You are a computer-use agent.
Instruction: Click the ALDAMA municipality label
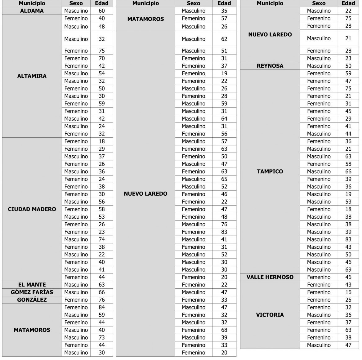tap(32, 11)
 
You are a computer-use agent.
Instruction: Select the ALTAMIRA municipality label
tap(32, 76)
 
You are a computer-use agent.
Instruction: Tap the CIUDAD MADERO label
tap(32, 209)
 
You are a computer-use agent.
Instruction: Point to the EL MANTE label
tap(32, 285)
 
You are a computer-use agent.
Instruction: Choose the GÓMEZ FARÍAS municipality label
tap(32, 292)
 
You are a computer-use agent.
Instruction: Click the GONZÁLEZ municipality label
tap(32, 300)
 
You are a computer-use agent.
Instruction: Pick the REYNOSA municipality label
tap(270, 66)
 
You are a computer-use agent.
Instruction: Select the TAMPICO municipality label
tap(270, 171)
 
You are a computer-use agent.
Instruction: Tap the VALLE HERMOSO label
tap(270, 277)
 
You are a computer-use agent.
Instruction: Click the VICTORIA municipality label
tap(270, 315)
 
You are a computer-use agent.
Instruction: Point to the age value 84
tap(102, 307)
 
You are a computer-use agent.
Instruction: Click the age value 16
tap(348, 292)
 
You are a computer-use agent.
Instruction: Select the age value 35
tap(224, 11)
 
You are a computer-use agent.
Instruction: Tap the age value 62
tap(224, 39)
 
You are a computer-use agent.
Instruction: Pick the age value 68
tap(224, 330)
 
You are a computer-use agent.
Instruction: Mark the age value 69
tap(348, 269)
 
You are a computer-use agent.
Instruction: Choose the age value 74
tap(102, 239)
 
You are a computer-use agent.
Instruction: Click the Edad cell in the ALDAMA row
tap(102, 11)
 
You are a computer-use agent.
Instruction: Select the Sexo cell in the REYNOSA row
tap(319, 66)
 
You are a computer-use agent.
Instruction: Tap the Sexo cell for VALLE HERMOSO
tap(319, 277)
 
